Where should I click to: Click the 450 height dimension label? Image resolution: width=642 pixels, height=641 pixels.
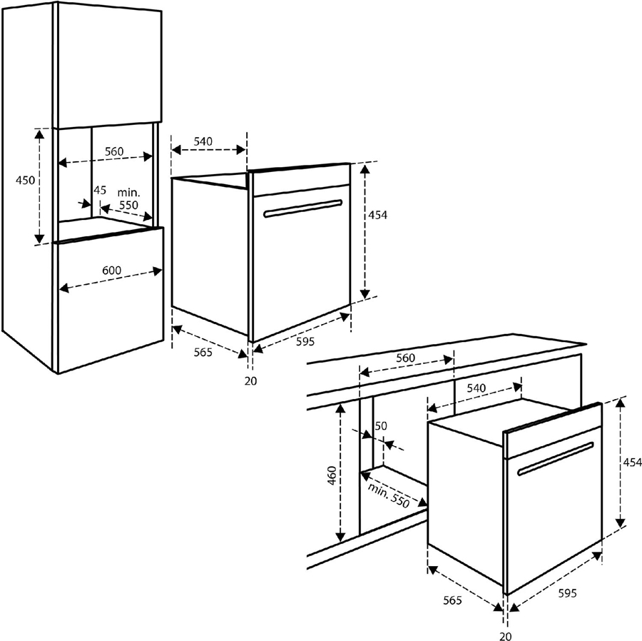coord(26,181)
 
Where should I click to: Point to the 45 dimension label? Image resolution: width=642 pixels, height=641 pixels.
coord(100,190)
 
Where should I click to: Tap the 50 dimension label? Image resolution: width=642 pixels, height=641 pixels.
coord(380,426)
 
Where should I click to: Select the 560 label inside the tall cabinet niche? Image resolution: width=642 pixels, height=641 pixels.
coord(114,151)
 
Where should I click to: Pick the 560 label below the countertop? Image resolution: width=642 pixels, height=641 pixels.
coord(405,358)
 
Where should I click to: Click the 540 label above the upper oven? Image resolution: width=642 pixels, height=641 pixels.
coord(203,141)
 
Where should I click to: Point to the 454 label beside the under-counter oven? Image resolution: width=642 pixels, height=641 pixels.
coord(632,463)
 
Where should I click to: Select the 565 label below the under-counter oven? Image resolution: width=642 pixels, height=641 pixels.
coord(451,600)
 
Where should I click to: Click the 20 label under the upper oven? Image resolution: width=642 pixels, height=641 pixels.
coord(250,380)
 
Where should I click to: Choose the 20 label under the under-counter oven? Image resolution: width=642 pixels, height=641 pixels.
coord(505,635)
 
